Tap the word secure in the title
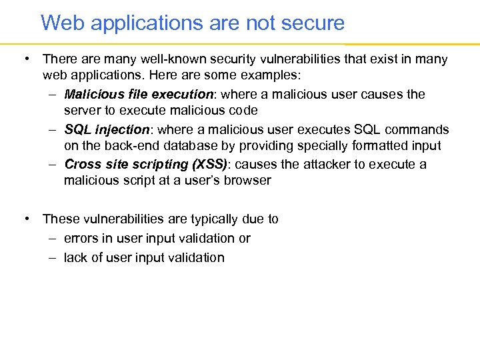point(313,23)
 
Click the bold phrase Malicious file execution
point(138,94)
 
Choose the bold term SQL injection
point(106,129)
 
